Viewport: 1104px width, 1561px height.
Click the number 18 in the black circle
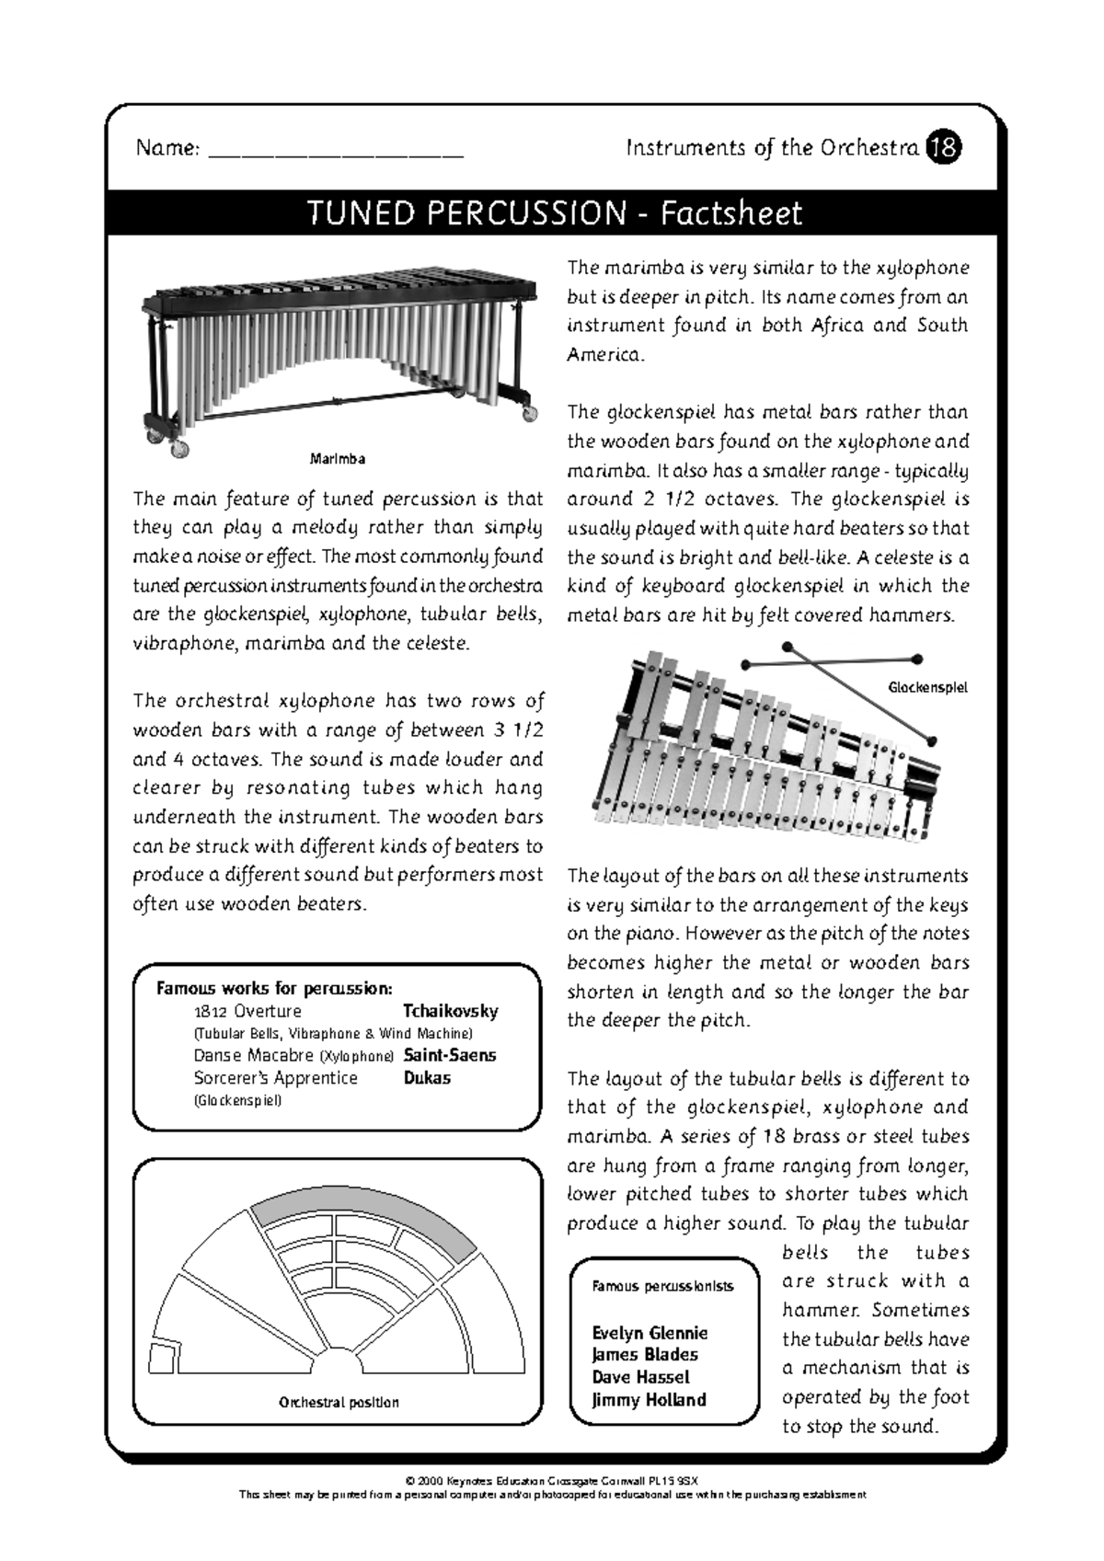945,147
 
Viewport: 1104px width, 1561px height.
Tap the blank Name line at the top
336,151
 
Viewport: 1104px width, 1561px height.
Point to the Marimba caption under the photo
338,458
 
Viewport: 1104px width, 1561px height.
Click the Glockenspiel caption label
927,687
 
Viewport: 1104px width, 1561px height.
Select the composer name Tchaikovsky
451,1011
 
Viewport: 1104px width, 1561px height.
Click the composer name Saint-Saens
450,1055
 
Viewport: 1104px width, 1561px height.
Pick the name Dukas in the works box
427,1077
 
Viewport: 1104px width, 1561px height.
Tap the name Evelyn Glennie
650,1333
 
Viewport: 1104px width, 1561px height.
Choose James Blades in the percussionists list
645,1355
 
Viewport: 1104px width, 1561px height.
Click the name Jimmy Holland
649,1400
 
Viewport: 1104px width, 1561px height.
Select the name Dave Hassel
640,1377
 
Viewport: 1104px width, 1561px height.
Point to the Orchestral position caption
339,1403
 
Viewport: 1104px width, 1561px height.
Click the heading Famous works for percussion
274,989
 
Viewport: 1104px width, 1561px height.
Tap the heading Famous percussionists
662,1286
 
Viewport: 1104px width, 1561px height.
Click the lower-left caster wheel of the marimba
179,449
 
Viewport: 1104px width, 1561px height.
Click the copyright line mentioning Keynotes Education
552,1482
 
